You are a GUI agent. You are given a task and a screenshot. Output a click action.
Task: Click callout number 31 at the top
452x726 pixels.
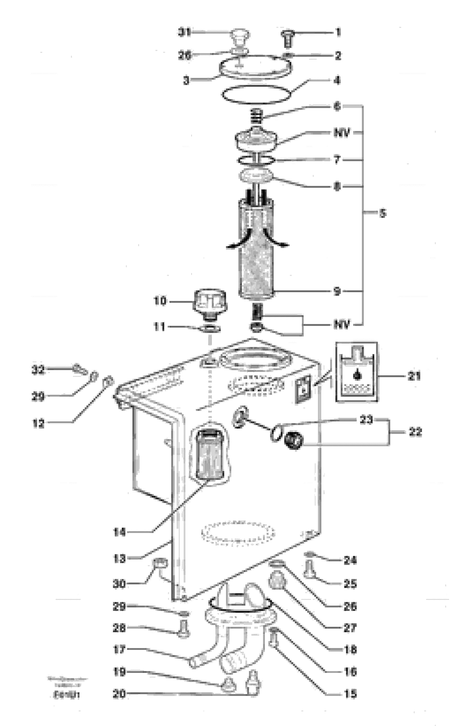[184, 32]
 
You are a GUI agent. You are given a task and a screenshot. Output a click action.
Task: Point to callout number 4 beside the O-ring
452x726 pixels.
[337, 80]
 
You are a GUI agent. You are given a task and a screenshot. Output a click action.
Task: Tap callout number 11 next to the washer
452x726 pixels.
[159, 326]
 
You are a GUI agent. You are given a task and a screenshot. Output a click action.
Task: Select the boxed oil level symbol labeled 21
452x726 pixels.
[357, 372]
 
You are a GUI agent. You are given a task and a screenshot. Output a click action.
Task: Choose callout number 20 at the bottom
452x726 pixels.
[119, 694]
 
